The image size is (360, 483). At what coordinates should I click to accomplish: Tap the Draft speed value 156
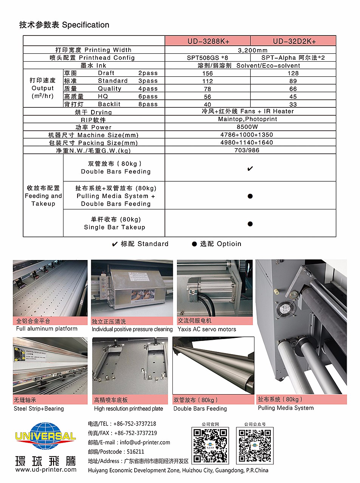click(208, 73)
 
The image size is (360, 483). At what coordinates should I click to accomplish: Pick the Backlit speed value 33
click(293, 104)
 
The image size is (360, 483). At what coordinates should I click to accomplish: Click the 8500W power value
click(250, 127)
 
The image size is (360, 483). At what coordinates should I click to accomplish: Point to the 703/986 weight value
click(250, 150)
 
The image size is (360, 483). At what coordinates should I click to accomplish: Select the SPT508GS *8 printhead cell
click(208, 58)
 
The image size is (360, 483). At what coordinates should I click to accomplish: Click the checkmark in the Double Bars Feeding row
click(250, 169)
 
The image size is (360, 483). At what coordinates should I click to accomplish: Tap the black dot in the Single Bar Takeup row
click(250, 224)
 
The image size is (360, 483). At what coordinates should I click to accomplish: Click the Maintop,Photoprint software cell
click(250, 119)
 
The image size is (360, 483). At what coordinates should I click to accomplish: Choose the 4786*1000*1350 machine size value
click(250, 135)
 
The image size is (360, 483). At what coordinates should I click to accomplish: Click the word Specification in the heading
click(85, 25)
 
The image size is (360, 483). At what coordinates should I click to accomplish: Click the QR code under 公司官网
click(211, 446)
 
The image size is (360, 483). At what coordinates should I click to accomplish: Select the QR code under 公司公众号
click(255, 446)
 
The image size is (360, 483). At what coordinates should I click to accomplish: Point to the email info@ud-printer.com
click(145, 442)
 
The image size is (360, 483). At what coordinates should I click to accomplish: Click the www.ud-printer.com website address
click(46, 469)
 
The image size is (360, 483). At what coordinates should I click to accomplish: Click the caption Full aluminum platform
click(47, 329)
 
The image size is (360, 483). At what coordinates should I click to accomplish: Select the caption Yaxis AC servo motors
click(206, 329)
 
